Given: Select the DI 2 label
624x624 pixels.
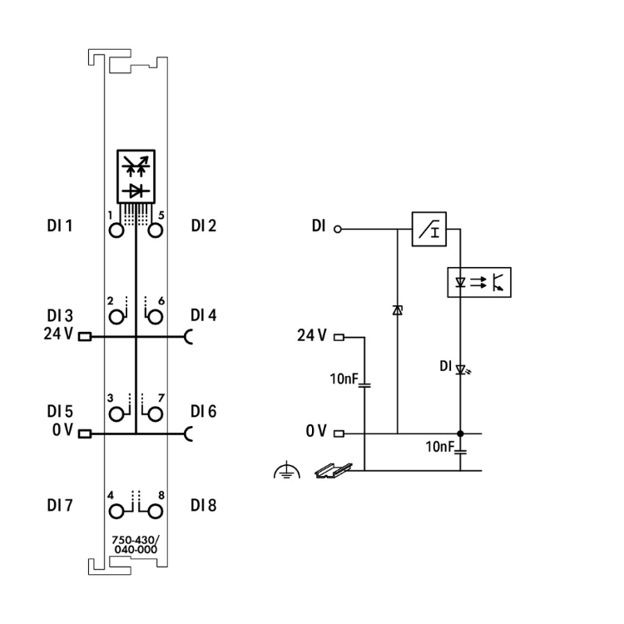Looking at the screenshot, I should [204, 225].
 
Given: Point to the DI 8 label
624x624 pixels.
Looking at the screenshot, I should [204, 504].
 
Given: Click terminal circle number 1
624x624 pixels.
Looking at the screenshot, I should [116, 231].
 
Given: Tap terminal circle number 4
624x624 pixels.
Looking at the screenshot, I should [116, 509].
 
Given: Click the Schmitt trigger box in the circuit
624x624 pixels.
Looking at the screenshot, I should [429, 227].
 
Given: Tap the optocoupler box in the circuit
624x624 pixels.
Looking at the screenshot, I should [480, 283].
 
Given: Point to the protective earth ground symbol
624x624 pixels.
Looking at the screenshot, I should [284, 472].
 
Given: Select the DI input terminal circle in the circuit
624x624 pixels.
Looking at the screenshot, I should [338, 227].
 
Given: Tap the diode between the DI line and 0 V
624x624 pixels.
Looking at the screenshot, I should [397, 310].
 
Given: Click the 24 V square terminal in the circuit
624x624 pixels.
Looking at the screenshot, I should [338, 338].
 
